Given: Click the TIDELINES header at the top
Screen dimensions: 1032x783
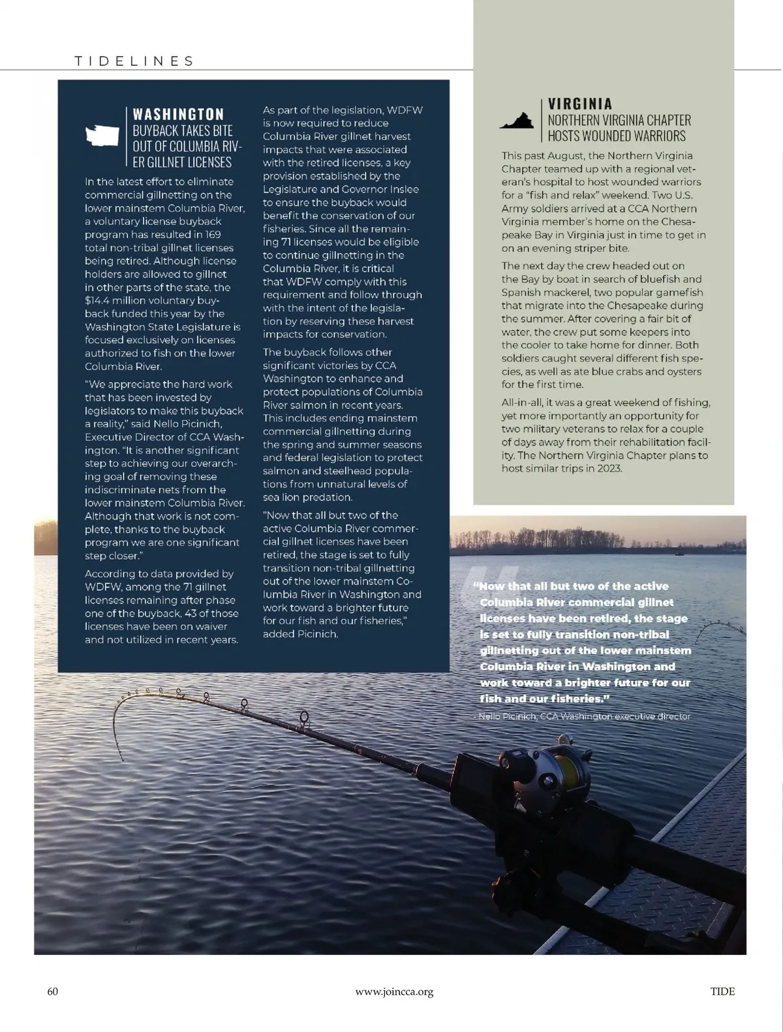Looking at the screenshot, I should click(134, 61).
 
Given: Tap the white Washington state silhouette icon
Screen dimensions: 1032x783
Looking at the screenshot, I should click(102, 136).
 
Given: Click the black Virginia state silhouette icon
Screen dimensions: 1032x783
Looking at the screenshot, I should click(516, 122).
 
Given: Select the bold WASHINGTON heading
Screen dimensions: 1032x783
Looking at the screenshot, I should click(178, 115).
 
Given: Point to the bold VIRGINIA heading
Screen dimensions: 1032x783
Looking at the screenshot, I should click(579, 104).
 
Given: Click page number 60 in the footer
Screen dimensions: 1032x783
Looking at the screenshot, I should click(53, 992).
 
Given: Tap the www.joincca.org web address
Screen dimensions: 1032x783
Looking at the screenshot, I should click(394, 992).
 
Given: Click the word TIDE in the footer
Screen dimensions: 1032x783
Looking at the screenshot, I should click(722, 992).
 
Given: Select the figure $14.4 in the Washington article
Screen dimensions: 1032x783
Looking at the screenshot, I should click(98, 301).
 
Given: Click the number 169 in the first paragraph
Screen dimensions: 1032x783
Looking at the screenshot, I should click(212, 235).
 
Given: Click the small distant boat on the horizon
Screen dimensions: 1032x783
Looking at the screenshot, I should click(679, 554).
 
